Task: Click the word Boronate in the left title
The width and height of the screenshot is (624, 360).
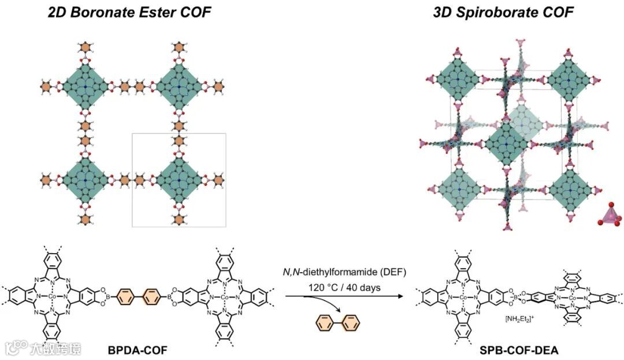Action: click(x=103, y=12)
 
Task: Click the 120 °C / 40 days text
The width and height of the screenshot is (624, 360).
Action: click(x=341, y=287)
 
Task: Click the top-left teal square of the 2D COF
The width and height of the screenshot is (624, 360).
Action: click(x=86, y=87)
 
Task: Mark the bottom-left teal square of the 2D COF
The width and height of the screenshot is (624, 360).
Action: click(x=86, y=180)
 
